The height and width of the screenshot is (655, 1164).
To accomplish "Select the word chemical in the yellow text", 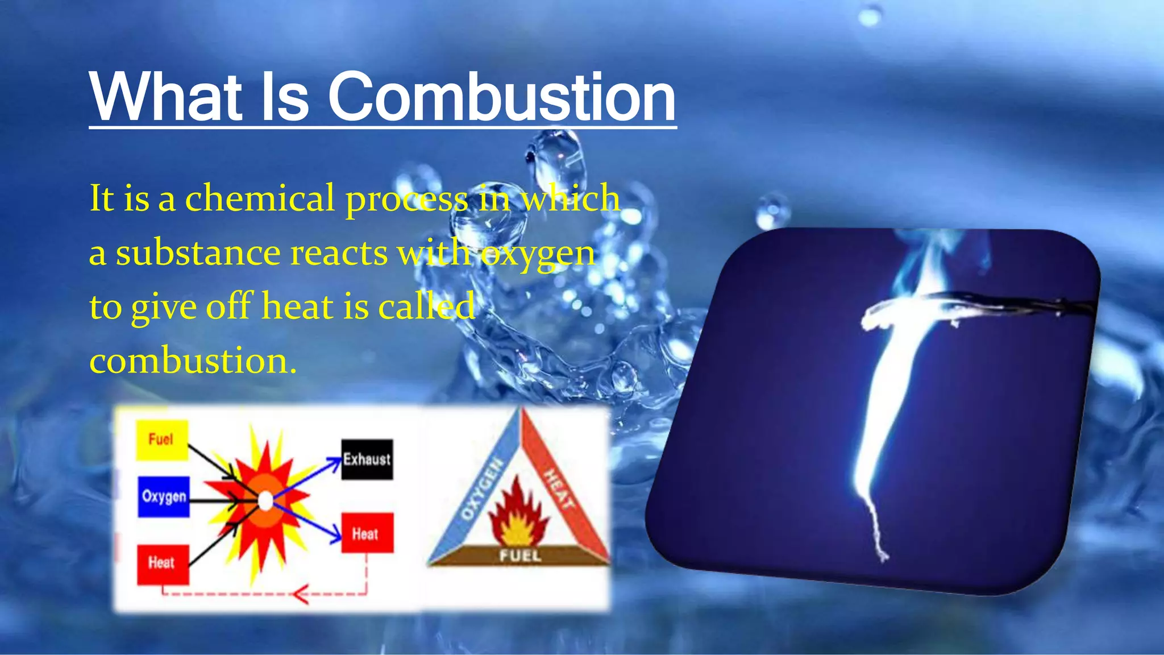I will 260,198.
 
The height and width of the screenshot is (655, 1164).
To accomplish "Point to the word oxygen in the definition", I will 538,254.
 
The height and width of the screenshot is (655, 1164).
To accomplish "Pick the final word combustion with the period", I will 193,360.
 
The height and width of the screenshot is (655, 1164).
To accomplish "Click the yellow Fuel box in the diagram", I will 161,440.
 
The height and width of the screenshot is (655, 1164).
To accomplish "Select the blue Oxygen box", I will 164,496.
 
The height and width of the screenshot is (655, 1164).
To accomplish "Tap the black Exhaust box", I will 367,459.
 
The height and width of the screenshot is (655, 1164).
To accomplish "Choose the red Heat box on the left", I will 163,563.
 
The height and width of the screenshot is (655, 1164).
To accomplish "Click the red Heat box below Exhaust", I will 367,533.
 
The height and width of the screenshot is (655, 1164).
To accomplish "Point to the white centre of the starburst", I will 265,501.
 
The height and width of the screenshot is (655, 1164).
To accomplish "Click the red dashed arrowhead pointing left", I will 300,595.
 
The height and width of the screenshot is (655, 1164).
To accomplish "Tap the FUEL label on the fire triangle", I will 519,555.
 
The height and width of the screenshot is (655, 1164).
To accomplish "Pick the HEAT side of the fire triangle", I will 560,488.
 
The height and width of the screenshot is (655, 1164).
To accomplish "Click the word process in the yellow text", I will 407,200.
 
